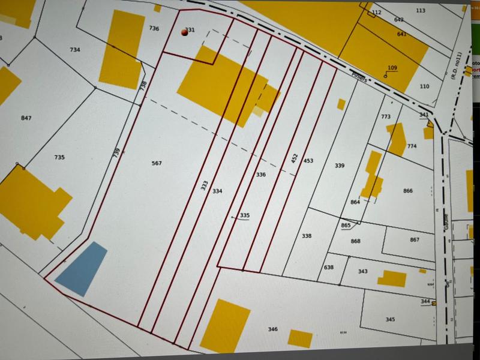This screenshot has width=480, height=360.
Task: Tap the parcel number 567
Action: (x=157, y=163)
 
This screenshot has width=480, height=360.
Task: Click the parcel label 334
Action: (x=217, y=191)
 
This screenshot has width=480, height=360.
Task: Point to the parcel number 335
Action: (x=244, y=215)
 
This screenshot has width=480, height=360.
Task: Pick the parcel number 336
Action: (x=260, y=175)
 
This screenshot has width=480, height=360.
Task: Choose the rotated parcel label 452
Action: (x=295, y=158)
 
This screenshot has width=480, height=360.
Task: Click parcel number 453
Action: (x=308, y=161)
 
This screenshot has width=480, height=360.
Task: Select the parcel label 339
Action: (x=340, y=165)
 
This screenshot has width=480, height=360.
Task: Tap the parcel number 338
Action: (x=307, y=236)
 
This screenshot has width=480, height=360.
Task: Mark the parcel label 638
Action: (x=328, y=267)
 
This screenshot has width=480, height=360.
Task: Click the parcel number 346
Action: (x=272, y=329)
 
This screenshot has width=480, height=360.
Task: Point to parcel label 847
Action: (x=26, y=118)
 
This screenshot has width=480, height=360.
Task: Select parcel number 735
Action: (x=59, y=157)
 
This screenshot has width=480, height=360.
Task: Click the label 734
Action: (x=75, y=50)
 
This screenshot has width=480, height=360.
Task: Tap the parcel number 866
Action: (x=408, y=191)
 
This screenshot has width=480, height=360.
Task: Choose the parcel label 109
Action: (x=393, y=67)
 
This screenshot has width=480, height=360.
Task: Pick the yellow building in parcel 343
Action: (x=392, y=278)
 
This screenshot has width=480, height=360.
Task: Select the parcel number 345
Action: (x=390, y=319)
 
